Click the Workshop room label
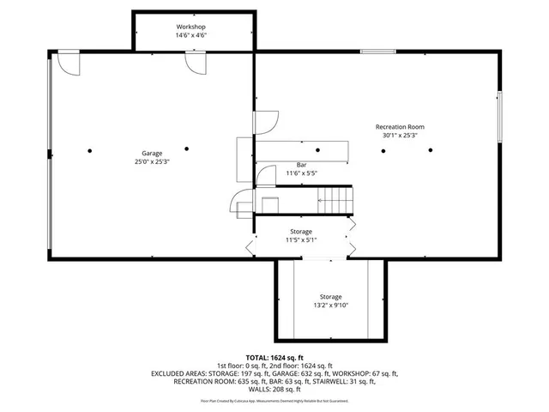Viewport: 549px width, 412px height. pos(191,27)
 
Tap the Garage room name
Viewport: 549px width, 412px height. pos(153,154)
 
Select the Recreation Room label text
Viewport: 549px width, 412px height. pos(400,127)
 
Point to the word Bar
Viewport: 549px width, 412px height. pos(302,165)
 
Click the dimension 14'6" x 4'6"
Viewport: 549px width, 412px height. pos(191,36)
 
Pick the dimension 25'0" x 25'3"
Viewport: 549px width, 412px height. pos(153,162)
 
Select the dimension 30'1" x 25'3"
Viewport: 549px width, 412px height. pos(400,136)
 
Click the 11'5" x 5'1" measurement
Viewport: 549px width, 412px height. pos(302,240)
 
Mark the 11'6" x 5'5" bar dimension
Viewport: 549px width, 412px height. pos(302,173)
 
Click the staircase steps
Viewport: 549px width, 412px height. pos(335,201)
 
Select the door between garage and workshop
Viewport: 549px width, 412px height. pos(195,64)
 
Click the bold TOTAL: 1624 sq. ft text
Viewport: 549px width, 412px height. pos(274,356)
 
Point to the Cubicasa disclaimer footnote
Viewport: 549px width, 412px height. pos(274,401)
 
